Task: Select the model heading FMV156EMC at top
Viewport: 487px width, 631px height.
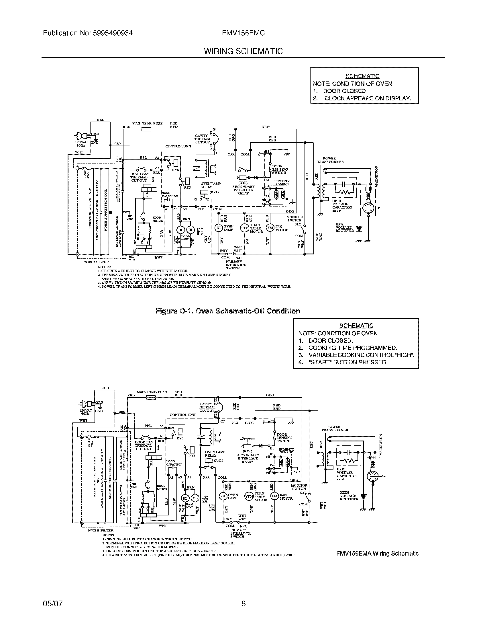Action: point(243,33)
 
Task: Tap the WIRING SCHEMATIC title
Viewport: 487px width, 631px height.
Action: point(243,51)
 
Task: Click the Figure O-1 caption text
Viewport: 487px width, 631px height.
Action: point(227,311)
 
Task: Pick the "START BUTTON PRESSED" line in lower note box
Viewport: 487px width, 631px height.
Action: point(348,362)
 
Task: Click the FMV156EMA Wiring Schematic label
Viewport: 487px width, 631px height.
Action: point(377,554)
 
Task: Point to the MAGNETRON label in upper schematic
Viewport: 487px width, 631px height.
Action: point(376,176)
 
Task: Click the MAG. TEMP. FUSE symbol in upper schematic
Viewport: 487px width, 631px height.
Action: point(146,129)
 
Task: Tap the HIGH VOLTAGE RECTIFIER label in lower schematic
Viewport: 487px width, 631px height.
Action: point(349,496)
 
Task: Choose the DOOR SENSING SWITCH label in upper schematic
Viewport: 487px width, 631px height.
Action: point(279,169)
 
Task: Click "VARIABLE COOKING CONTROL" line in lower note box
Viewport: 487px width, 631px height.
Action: point(361,355)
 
